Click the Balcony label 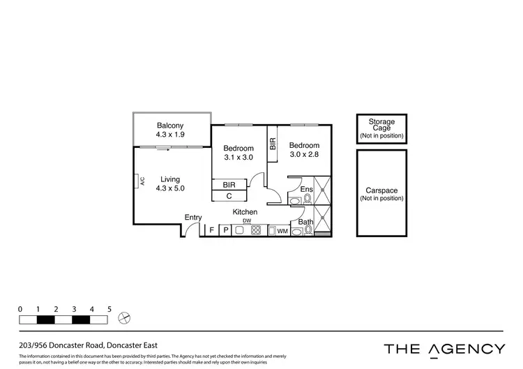coord(170,126)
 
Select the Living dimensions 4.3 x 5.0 coord(170,188)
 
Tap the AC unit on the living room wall coord(141,180)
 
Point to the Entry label coord(193,218)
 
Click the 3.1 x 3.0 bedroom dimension coord(238,158)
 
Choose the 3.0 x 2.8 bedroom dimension coord(304,155)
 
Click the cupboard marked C coord(229,195)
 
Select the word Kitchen coord(245,212)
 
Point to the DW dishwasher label coord(247,221)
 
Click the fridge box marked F coord(211,230)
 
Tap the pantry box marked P coord(226,230)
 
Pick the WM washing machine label coord(282,230)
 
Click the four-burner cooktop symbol coord(255,230)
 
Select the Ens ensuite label coord(306,189)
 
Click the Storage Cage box coord(381,129)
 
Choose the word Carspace coord(381,190)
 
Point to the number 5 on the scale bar coord(109,308)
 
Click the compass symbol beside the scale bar coord(125,318)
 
